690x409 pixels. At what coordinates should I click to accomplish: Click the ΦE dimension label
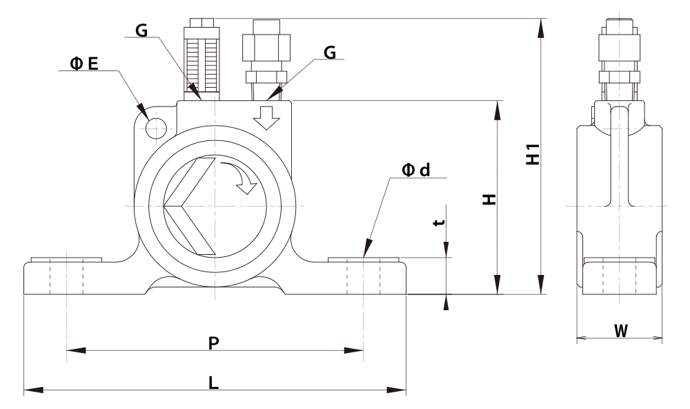(x=84, y=64)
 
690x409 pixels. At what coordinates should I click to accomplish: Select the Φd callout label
(x=416, y=170)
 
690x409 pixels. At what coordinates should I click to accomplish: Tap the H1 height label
(x=533, y=154)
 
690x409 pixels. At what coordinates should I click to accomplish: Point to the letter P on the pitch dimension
(x=213, y=343)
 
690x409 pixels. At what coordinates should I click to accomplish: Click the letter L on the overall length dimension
(x=213, y=383)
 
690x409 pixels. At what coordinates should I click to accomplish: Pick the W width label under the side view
(x=621, y=330)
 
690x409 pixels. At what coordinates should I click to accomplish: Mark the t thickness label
(x=438, y=222)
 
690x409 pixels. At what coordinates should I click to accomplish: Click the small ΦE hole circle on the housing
(x=156, y=129)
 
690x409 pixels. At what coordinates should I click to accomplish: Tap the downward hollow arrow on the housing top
(x=266, y=117)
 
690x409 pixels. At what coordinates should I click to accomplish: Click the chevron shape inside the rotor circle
(x=190, y=206)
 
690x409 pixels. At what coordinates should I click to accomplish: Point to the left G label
(x=141, y=30)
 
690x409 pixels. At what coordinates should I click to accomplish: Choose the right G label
(x=330, y=53)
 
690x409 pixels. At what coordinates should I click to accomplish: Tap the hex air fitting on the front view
(x=266, y=56)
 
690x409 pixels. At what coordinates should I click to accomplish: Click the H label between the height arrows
(x=489, y=199)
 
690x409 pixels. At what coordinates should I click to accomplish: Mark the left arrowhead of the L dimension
(x=33, y=390)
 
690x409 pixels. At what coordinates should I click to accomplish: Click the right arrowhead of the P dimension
(x=353, y=350)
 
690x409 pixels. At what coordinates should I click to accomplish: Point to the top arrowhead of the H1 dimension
(x=541, y=28)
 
